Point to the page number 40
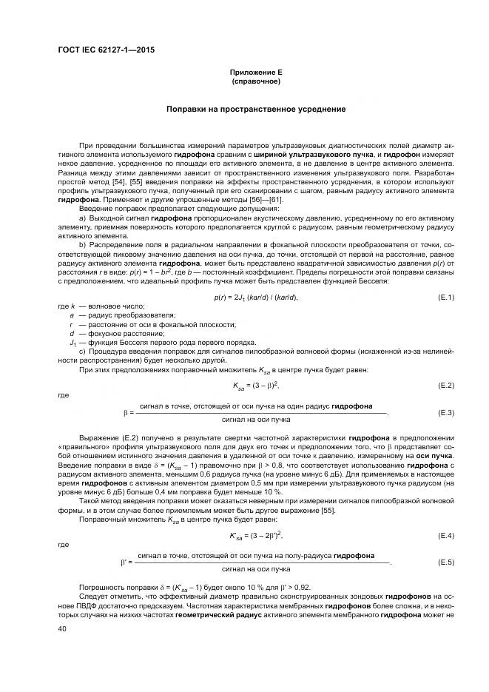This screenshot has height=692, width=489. pos(62,628)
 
